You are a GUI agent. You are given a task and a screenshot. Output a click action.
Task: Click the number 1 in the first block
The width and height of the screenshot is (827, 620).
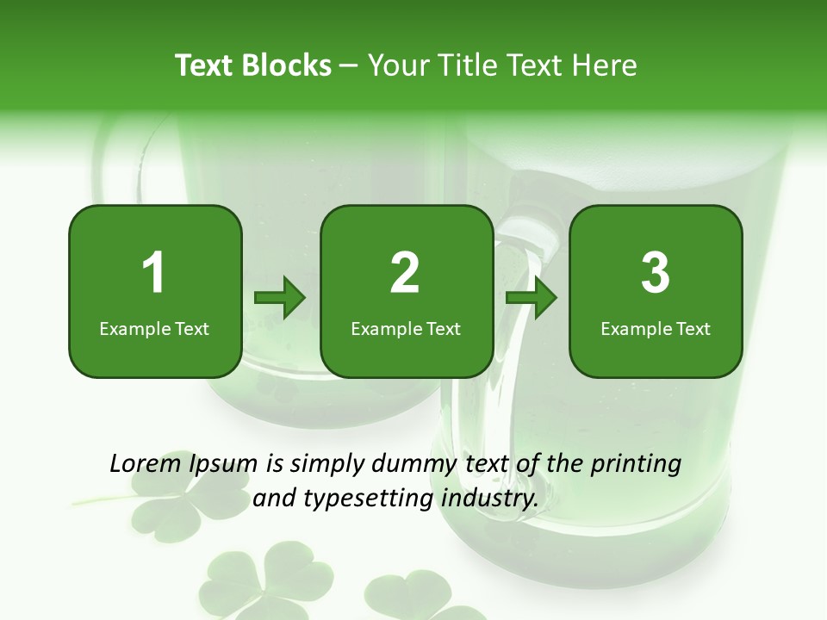[154, 273]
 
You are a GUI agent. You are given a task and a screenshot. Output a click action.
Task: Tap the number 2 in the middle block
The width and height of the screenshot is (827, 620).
[405, 273]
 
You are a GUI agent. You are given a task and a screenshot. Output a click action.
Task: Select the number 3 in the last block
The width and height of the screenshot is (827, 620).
[656, 273]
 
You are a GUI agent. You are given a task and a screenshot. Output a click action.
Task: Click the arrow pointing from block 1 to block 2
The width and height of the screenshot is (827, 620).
[280, 298]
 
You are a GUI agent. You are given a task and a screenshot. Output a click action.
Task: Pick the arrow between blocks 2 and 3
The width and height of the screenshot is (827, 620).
[531, 298]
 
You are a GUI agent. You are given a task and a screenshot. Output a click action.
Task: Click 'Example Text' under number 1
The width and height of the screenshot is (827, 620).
[154, 328]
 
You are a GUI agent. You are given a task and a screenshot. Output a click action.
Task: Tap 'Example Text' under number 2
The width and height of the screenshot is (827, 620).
[406, 328]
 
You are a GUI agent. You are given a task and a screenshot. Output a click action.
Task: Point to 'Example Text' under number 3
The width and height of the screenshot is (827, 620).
[656, 328]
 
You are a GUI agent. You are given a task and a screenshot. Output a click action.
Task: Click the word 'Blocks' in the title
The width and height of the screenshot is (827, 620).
[286, 65]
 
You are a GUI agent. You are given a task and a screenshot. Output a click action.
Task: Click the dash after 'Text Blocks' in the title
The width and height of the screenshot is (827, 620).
[349, 66]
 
